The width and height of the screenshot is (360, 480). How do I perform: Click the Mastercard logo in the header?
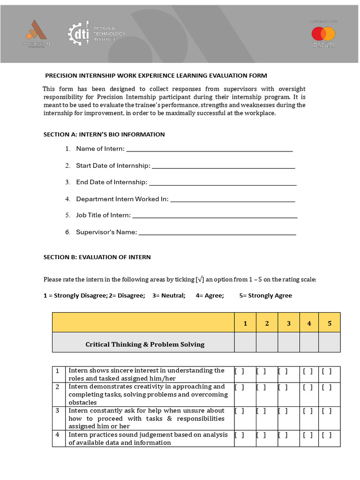pyautogui.click(x=323, y=34)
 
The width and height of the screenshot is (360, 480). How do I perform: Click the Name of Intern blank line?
pyautogui.click(x=210, y=150)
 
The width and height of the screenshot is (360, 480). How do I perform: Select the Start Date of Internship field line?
pyautogui.click(x=224, y=167)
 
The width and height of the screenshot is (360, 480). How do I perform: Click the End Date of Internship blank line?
pyautogui.click(x=222, y=184)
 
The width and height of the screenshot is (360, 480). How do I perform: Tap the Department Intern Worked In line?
pyautogui.click(x=232, y=201)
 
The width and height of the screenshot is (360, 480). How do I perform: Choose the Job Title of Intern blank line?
pyautogui.click(x=215, y=217)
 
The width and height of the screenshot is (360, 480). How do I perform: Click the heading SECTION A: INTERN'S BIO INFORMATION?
pyautogui.click(x=104, y=135)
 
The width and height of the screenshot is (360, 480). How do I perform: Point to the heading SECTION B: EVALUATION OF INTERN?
pyautogui.click(x=97, y=257)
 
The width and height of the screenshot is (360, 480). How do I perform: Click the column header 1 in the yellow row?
pyautogui.click(x=245, y=323)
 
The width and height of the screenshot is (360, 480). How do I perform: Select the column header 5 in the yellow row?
pyautogui.click(x=330, y=323)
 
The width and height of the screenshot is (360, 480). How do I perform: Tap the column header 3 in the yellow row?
pyautogui.click(x=289, y=323)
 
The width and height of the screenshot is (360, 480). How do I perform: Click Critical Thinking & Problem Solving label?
pyautogui.click(x=145, y=345)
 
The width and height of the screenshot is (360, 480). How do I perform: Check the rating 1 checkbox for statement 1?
pyautogui.click(x=239, y=371)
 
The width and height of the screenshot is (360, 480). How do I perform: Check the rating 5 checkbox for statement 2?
pyautogui.click(x=327, y=387)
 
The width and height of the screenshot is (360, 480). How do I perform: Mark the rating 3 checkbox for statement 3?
pyautogui.click(x=282, y=411)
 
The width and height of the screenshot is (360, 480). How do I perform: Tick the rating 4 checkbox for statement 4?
pyautogui.click(x=307, y=435)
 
